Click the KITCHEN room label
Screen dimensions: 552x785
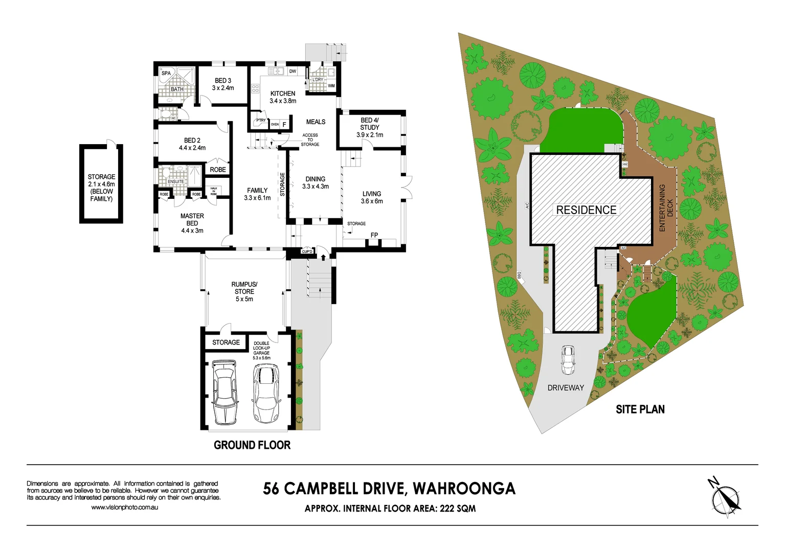tap(283, 94)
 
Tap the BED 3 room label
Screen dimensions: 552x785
tap(223, 81)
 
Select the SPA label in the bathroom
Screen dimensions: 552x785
tap(166, 73)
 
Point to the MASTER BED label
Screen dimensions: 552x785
tap(192, 220)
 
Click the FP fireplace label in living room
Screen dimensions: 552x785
tap(374, 235)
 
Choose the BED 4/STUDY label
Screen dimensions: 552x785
tap(370, 124)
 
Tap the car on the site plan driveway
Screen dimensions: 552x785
tap(568, 360)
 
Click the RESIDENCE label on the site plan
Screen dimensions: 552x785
tap(586, 210)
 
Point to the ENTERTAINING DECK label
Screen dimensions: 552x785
tap(665, 208)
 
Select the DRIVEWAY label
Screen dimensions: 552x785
tap(566, 388)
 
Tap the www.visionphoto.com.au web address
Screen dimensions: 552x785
tap(124, 508)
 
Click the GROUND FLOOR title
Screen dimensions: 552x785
tap(252, 445)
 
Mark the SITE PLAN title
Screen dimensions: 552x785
tap(640, 409)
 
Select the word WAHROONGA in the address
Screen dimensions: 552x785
tap(464, 489)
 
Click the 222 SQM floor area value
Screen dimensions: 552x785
tap(458, 509)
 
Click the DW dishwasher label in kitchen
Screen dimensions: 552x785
tap(293, 71)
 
